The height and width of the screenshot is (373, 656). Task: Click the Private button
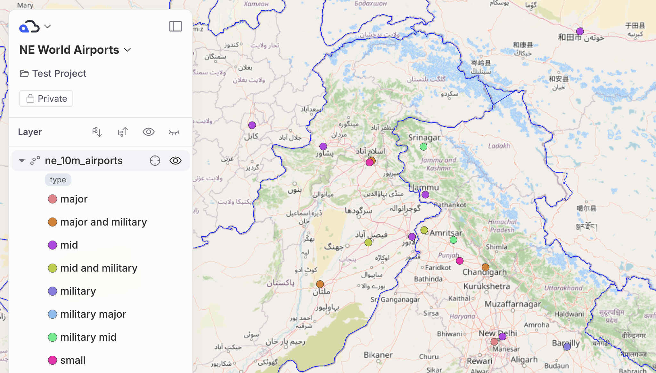46,99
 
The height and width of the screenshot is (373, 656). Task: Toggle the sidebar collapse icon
175,26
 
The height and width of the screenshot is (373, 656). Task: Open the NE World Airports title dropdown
127,50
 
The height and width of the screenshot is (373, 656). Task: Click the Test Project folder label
59,74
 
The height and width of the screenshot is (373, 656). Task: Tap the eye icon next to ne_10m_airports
175,161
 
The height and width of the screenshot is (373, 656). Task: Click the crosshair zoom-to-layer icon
155,161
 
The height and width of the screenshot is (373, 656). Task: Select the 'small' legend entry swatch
53,360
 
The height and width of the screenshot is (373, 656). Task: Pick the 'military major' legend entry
93,314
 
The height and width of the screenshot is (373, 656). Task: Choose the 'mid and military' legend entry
99,268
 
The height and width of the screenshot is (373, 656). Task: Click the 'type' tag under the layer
58,180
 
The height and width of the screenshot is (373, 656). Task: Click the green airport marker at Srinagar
423,147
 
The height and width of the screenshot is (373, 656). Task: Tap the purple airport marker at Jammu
425,195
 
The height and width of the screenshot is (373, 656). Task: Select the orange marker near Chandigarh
485,267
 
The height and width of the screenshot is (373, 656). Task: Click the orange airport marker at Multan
320,284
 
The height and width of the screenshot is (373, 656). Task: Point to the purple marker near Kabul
252,125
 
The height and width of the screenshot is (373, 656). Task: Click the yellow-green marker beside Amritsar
424,230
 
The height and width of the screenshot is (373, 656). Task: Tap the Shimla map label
496,247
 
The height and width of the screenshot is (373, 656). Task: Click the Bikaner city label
378,355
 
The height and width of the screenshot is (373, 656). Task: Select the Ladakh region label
499,146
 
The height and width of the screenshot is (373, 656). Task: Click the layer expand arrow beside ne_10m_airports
22,161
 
